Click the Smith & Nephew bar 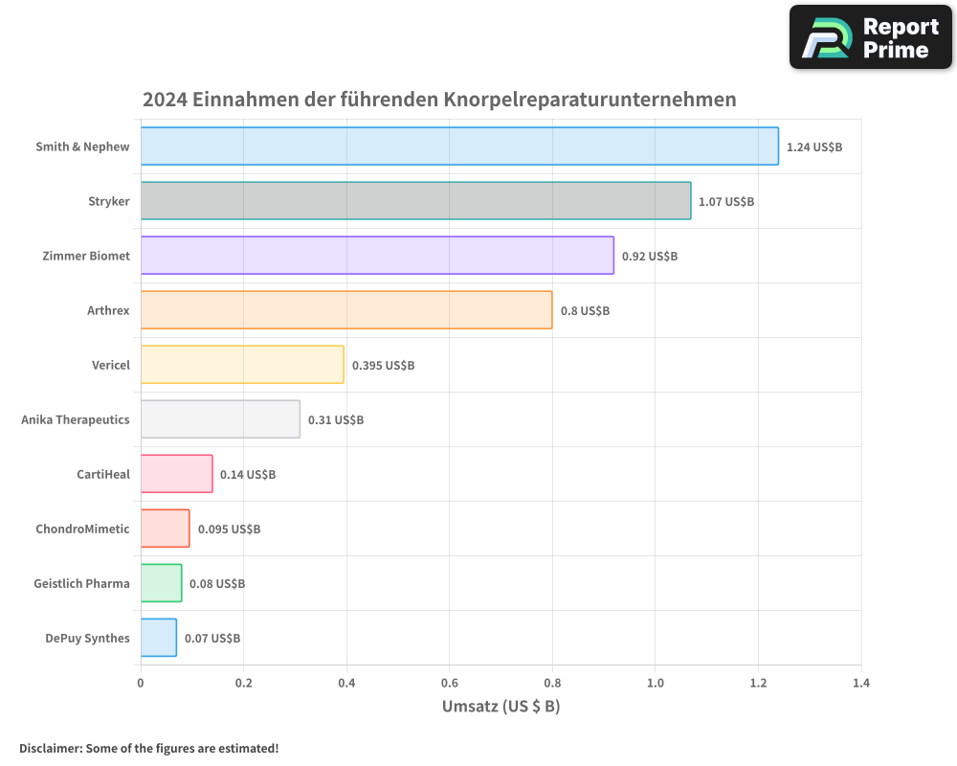tap(459, 146)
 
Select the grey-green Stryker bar tap(415, 201)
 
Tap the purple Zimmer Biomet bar tap(377, 256)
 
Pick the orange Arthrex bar tap(346, 310)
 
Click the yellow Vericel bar tap(242, 365)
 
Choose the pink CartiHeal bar tap(176, 474)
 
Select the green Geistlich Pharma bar tap(161, 583)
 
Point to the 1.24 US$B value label tap(813, 147)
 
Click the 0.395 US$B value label tap(383, 366)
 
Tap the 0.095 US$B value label tap(229, 529)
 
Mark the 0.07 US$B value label tap(212, 639)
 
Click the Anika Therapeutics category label tap(76, 419)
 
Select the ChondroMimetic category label tap(82, 529)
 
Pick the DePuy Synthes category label tap(87, 638)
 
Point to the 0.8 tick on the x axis tap(552, 684)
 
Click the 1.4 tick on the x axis tap(860, 684)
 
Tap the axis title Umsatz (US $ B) tap(501, 707)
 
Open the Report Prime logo tap(871, 37)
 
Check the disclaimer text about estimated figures tap(149, 748)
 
